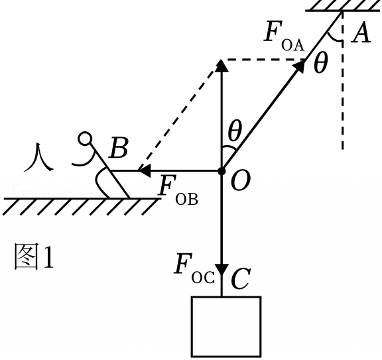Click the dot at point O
(x=222, y=171)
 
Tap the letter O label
(x=240, y=180)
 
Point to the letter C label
(x=239, y=278)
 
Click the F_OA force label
(x=284, y=36)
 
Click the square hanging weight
(x=226, y=327)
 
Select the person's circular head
(x=85, y=139)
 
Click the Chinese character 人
(x=38, y=157)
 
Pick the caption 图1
(x=34, y=256)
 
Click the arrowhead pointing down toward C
(x=222, y=269)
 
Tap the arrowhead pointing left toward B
(x=144, y=171)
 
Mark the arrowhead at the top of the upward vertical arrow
(x=222, y=66)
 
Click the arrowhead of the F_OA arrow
(x=300, y=66)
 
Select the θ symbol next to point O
(x=235, y=131)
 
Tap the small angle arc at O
(x=229, y=147)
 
